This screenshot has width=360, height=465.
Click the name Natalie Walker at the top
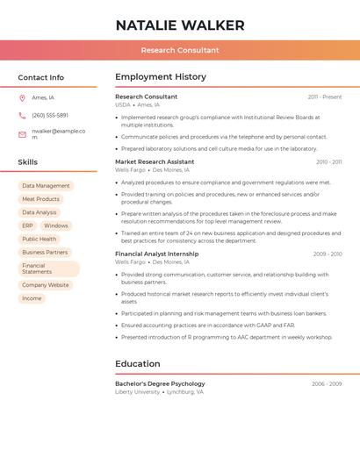(180, 25)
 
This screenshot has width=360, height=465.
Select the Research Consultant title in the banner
(180, 50)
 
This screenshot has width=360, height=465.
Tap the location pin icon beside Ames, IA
(22, 97)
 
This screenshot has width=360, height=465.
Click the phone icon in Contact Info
(22, 115)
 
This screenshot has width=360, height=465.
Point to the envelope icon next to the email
(22, 134)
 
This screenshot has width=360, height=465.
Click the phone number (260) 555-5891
(50, 115)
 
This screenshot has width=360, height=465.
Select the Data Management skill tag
(46, 186)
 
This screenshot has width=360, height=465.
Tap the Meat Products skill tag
(40, 199)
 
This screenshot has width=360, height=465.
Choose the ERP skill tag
(27, 225)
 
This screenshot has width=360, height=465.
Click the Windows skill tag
(55, 225)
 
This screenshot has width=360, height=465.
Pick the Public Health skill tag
(39, 239)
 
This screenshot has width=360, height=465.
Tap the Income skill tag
(32, 298)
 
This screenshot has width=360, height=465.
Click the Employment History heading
(161, 77)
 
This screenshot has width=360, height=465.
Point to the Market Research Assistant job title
(155, 161)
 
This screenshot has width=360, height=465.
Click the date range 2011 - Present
(325, 97)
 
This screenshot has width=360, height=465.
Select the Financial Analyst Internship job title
(157, 254)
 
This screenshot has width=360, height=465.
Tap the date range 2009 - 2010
(328, 254)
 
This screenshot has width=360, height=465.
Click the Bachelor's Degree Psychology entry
(160, 383)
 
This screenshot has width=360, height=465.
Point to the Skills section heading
(28, 162)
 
